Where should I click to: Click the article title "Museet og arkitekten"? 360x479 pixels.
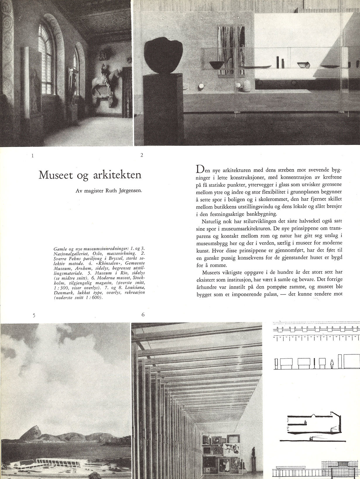pyautogui.click(x=90, y=175)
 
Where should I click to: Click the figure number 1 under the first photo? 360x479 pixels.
pyautogui.click(x=32, y=156)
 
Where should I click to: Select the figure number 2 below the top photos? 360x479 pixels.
pyautogui.click(x=142, y=155)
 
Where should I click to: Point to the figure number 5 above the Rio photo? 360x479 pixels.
pyautogui.click(x=34, y=315)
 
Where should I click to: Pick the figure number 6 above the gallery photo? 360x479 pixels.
pyautogui.click(x=143, y=315)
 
